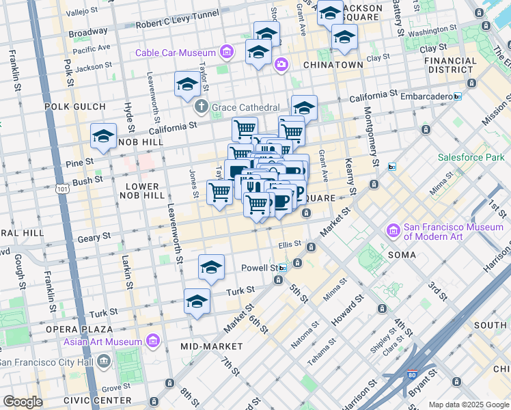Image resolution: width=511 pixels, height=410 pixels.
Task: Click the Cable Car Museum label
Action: point(175,53)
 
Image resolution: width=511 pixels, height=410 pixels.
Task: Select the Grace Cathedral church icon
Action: point(201,107)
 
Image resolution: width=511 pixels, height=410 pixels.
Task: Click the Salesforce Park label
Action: point(471,157)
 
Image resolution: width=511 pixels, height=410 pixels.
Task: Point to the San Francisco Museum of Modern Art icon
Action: point(393,231)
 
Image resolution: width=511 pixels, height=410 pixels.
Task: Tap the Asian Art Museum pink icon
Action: point(152,341)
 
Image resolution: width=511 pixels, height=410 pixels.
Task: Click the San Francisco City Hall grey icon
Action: point(103,360)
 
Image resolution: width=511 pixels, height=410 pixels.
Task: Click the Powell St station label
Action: point(260,268)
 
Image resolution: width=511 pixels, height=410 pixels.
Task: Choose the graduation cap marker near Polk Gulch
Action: point(104,135)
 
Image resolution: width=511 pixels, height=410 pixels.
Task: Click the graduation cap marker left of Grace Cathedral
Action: point(187,85)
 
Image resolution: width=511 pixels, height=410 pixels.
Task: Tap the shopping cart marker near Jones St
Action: point(219,192)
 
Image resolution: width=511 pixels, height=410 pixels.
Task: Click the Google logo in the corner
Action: point(23,402)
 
